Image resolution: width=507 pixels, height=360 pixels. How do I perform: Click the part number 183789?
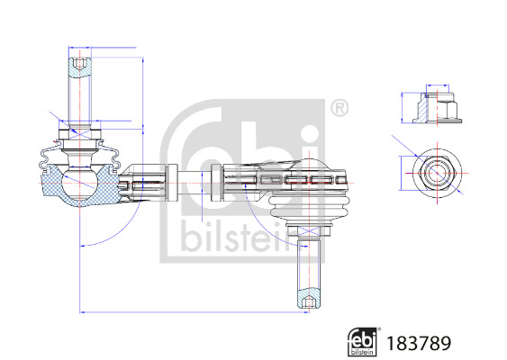(417, 343)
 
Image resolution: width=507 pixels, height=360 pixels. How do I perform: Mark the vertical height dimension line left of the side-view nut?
(403, 107)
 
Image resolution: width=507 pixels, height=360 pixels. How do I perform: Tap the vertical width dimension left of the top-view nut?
(403, 170)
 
